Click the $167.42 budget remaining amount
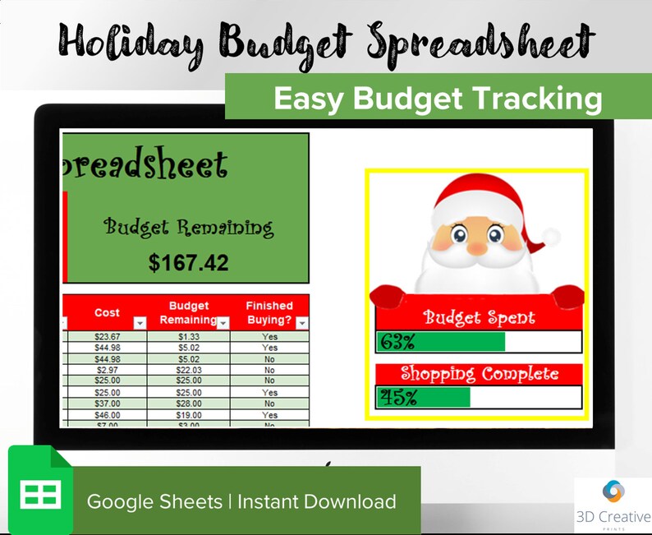coord(188,263)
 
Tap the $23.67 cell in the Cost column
coord(107,336)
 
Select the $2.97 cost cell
coord(107,370)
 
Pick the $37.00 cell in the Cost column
coord(107,404)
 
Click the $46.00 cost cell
coord(107,415)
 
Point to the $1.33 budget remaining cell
coord(188,336)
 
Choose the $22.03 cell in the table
coord(188,370)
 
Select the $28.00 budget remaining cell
coord(188,404)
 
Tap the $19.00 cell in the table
coord(188,415)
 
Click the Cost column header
coord(107,313)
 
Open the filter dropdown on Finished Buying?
coord(301,323)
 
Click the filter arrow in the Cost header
coord(139,323)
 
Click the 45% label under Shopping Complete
coord(397,398)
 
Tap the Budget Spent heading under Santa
coord(479,318)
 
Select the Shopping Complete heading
coord(479,374)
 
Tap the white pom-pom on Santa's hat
coord(551,238)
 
